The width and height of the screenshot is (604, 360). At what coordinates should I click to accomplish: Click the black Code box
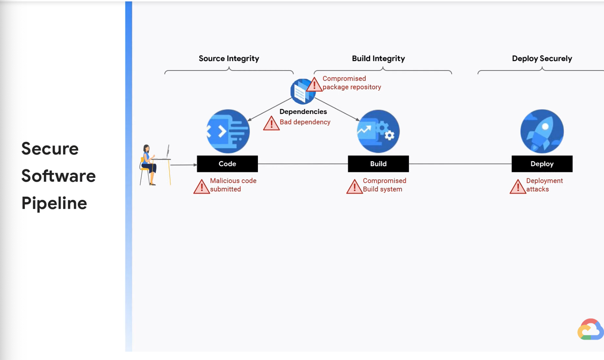coord(227,164)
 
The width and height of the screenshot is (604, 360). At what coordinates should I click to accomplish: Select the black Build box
coord(378,164)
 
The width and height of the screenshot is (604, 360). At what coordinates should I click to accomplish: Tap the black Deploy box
coord(542,164)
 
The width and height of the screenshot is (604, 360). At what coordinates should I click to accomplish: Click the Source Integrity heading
coord(229,58)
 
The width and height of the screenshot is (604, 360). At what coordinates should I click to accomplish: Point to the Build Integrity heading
coord(378,58)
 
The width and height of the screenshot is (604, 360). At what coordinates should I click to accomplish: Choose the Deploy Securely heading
coord(542,58)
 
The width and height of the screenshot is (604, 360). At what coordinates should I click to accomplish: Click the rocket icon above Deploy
coord(542,131)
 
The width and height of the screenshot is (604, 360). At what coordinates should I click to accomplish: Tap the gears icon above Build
coord(378,131)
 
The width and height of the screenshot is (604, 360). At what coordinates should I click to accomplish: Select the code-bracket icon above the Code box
coord(228,131)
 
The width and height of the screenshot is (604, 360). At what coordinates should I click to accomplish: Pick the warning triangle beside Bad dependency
coord(271,124)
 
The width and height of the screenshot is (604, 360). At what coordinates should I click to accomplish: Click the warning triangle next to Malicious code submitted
coord(201,187)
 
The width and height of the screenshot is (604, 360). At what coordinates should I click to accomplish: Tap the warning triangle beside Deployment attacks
coord(517,187)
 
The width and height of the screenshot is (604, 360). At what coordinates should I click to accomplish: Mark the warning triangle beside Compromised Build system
coord(354,187)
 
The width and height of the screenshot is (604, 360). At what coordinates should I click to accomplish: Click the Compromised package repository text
coord(351,83)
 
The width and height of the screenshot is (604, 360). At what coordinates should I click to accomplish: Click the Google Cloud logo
coord(590,329)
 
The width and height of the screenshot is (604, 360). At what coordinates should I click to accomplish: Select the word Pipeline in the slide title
coord(54,203)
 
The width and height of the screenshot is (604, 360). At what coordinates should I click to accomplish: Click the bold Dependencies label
coord(303,112)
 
